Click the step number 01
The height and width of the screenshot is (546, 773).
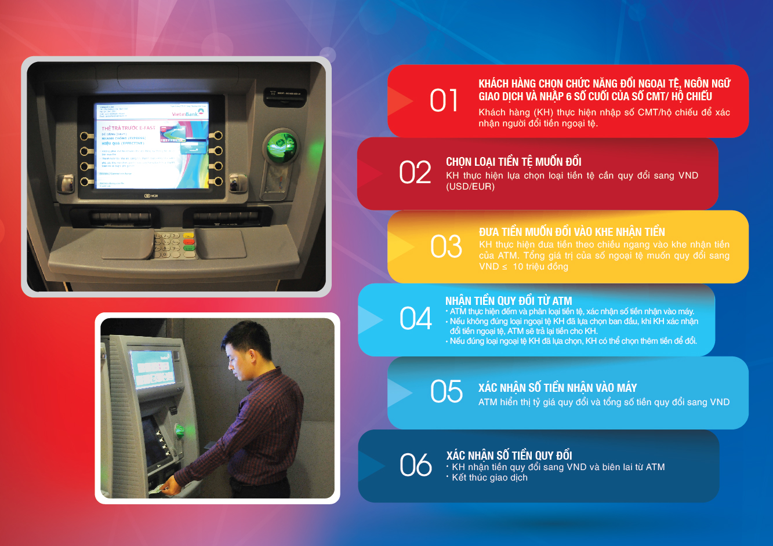coord(444,101)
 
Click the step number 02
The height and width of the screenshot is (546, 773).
coord(415,173)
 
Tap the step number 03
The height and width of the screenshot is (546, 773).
coord(446,246)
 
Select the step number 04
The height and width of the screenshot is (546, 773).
coord(416,319)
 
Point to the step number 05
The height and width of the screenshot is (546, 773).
coord(446,392)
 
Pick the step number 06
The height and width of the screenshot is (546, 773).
coord(416,465)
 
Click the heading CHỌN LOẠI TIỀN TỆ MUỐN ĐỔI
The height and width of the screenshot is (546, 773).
coord(514,162)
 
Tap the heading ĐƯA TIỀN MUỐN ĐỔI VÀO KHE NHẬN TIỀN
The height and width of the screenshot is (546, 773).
coord(572,232)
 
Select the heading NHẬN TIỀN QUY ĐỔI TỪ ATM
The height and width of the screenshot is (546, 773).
coord(509,301)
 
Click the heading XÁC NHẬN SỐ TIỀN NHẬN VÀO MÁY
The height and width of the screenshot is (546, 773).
coord(557,388)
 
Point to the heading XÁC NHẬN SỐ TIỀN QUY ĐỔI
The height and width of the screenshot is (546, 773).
coord(509,456)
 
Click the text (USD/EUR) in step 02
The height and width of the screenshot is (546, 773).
coord(470,187)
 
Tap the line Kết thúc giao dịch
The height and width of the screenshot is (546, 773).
coord(489,478)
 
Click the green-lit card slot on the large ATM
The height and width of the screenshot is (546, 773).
coord(281,146)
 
